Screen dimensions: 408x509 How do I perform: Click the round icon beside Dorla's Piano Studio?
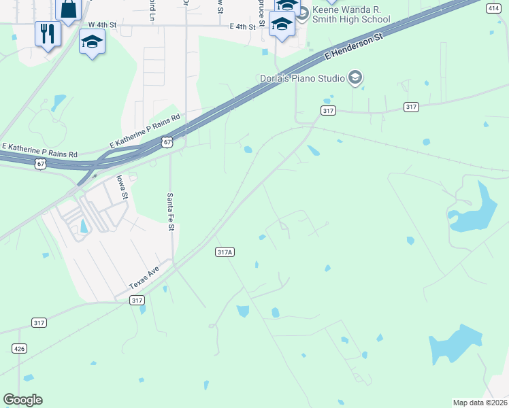pyautogui.click(x=354, y=78)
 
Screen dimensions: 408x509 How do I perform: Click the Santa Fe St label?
pyautogui.click(x=171, y=211)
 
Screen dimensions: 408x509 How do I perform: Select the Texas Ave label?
pyautogui.click(x=144, y=279)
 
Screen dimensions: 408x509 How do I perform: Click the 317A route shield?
pyautogui.click(x=225, y=252)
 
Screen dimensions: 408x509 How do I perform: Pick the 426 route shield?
pyautogui.click(x=19, y=348)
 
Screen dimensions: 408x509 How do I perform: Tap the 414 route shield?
pyautogui.click(x=493, y=8)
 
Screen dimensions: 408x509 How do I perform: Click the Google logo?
pyautogui.click(x=22, y=400)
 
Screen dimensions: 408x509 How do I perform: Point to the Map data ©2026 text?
pyautogui.click(x=480, y=403)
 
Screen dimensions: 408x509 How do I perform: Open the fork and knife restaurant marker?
pyautogui.click(x=48, y=34)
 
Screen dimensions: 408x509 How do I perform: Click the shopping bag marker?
pyautogui.click(x=68, y=8)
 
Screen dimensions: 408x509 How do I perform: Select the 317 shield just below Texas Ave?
pyautogui.click(x=137, y=300)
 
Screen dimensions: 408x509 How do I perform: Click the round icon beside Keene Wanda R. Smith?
pyautogui.click(x=303, y=12)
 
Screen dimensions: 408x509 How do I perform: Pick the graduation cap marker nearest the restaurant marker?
pyautogui.click(x=92, y=43)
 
